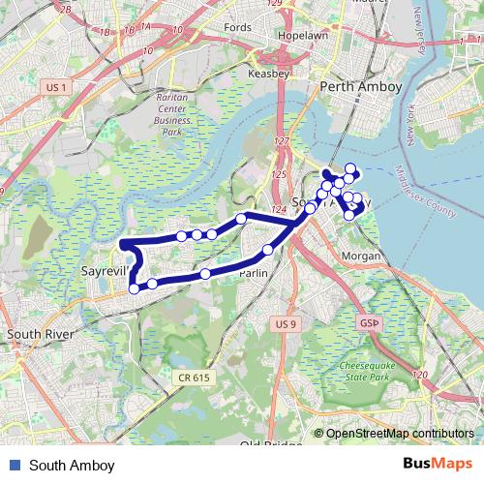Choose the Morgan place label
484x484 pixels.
(x=363, y=257)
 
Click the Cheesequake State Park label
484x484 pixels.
(x=372, y=373)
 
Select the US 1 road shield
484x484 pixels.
(x=56, y=87)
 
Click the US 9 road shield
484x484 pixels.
(x=284, y=322)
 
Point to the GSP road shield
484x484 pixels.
(x=369, y=321)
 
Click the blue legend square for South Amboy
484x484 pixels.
(x=14, y=466)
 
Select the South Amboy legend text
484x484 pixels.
(x=72, y=466)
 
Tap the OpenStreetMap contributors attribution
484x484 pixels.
(x=398, y=434)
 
